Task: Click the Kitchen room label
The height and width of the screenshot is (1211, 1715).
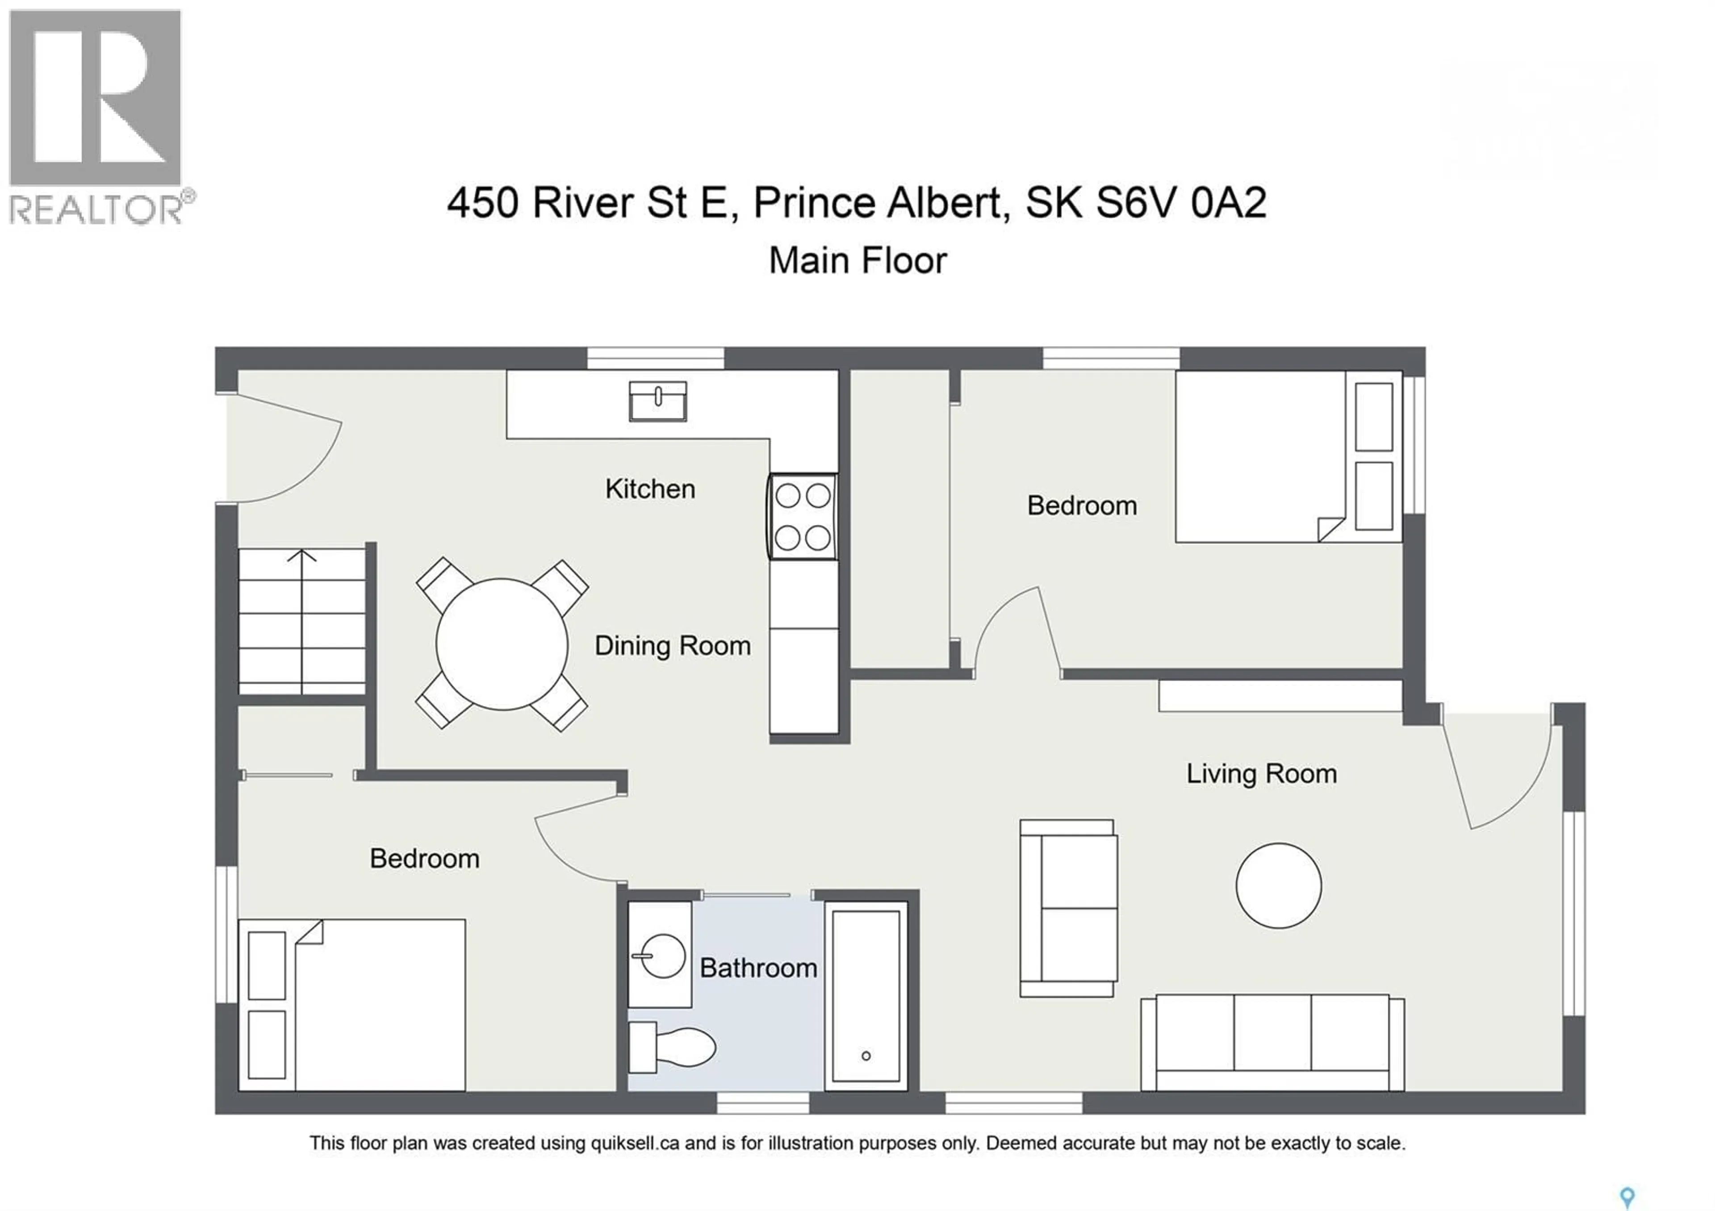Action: [x=650, y=489]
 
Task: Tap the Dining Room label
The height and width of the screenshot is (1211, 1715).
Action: [x=672, y=646]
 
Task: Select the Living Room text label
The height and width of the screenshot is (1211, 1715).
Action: [x=1262, y=773]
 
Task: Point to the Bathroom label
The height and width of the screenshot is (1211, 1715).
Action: [x=758, y=969]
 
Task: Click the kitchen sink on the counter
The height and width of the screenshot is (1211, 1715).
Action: [x=657, y=402]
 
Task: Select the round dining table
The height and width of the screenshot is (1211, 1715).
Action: [x=502, y=643]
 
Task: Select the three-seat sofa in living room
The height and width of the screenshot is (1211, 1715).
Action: [x=1272, y=1042]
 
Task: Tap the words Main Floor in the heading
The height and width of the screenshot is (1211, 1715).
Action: [x=857, y=261]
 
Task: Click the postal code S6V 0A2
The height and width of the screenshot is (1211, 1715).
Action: [x=1181, y=203]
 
